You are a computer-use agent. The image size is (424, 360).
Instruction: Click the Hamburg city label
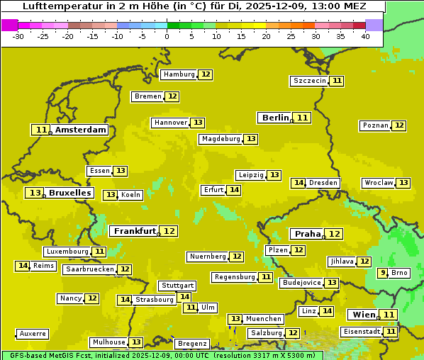(x=179, y=74)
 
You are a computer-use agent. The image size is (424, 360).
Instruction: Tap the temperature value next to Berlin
(x=303, y=118)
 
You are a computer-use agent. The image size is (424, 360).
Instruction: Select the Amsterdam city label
(x=81, y=130)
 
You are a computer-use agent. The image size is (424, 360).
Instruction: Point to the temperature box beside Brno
(x=383, y=273)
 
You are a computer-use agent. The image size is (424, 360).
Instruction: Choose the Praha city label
(x=308, y=234)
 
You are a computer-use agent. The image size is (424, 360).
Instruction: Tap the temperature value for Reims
(x=23, y=266)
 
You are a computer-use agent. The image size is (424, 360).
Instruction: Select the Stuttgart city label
(x=177, y=286)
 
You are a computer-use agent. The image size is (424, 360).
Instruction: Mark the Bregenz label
(x=192, y=344)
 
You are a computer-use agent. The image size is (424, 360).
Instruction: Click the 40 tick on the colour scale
(x=365, y=36)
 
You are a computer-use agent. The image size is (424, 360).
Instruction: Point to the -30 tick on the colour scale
(x=18, y=36)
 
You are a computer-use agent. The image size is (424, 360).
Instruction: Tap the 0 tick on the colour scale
(x=167, y=36)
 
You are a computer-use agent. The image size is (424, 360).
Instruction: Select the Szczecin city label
(x=310, y=81)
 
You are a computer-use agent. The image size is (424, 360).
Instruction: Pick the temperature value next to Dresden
(x=299, y=183)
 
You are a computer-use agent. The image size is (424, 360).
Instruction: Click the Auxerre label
(x=33, y=333)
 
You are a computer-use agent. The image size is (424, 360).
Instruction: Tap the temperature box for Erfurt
(x=234, y=190)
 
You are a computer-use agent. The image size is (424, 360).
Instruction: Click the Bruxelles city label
(x=69, y=193)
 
